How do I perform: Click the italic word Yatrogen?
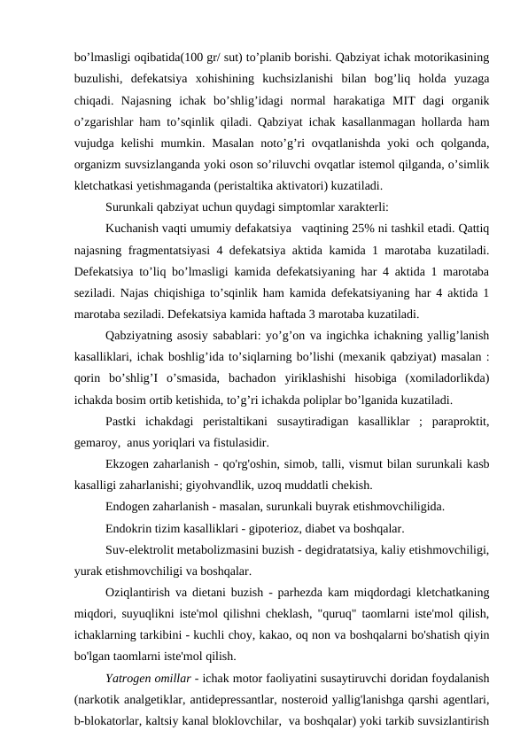(130, 679)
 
